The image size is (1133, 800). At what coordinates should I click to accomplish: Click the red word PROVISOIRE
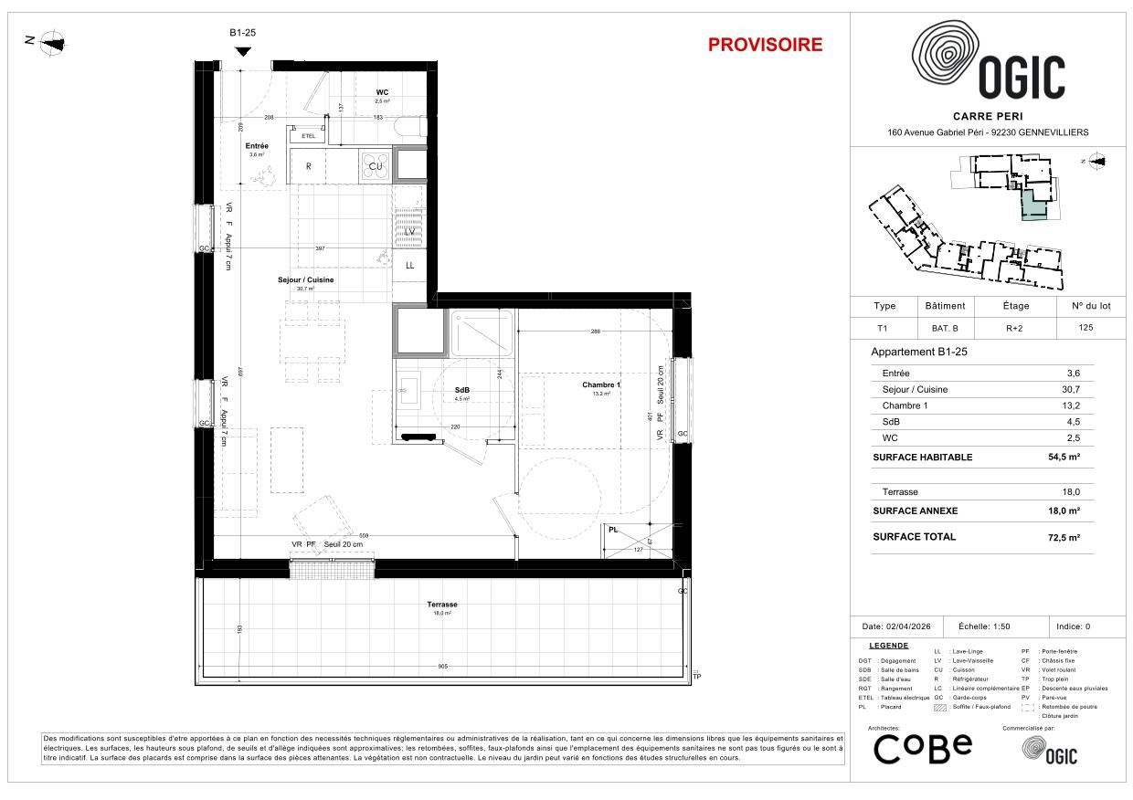click(765, 45)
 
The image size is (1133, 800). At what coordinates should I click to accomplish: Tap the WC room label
click(383, 93)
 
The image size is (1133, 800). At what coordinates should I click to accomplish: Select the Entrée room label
click(256, 146)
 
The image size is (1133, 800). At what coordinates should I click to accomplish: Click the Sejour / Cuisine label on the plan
click(305, 279)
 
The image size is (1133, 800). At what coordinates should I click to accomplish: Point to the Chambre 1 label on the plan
click(600, 384)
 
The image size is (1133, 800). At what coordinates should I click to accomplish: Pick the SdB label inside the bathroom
click(462, 389)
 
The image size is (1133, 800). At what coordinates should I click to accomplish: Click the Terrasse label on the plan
click(441, 605)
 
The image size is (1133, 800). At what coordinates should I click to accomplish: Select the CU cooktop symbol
click(375, 165)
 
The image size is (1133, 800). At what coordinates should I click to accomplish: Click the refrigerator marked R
click(309, 166)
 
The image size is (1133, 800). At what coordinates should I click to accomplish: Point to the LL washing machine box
click(410, 265)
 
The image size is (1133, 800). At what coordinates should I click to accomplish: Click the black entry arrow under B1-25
click(241, 51)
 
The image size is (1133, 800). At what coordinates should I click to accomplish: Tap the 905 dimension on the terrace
click(443, 667)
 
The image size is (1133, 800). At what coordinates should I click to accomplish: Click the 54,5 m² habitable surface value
click(1064, 458)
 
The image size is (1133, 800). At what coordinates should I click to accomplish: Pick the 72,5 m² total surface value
click(1064, 537)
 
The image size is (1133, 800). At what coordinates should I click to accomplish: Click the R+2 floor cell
click(1002, 327)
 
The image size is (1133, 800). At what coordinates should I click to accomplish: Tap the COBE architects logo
click(923, 748)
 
